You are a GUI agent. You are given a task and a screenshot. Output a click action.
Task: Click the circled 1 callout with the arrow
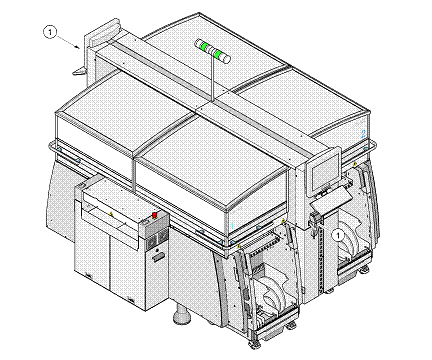(50, 32)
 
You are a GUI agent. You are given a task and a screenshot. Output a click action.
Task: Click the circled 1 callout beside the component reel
(338, 235)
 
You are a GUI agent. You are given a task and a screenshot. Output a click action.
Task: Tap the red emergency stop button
(155, 215)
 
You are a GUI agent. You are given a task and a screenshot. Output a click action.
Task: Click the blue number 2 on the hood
(363, 134)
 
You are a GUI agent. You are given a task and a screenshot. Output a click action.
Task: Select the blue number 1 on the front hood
(232, 226)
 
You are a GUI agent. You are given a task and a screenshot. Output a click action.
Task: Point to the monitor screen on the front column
(324, 175)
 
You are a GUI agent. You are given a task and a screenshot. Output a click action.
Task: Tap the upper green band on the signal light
(204, 46)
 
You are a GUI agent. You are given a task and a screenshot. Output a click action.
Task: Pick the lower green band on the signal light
(218, 54)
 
